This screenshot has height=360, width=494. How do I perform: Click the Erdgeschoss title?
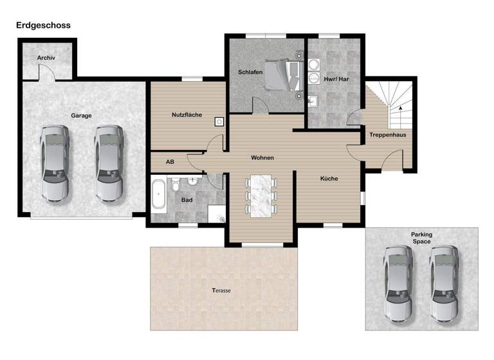pos(43,25)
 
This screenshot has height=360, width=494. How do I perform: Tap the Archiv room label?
pos(46,58)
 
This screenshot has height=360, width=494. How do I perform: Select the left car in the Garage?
pos(54,162)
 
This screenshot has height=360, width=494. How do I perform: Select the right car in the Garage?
pos(109,162)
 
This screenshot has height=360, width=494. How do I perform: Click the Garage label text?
pos(81,116)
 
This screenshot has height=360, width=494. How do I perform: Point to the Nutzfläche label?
pos(187,115)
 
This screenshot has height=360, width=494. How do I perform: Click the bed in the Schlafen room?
pos(281,75)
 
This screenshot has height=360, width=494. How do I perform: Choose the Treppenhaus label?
pos(387,135)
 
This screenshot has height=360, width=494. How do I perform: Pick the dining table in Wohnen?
pos(262,195)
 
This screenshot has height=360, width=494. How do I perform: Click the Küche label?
pos(329,179)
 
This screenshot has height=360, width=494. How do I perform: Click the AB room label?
pos(170,162)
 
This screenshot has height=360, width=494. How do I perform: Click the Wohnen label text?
pos(262,157)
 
